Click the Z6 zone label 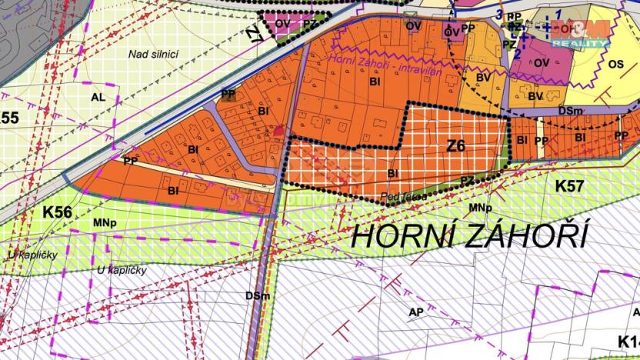(456, 145)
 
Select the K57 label (569, 185)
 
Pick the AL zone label (98, 97)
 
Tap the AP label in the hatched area (416, 312)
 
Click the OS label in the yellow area (615, 65)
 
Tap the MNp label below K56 (105, 223)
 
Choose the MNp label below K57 (480, 208)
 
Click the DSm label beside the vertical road (257, 296)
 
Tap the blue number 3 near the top (498, 15)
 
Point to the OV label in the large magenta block (542, 62)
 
